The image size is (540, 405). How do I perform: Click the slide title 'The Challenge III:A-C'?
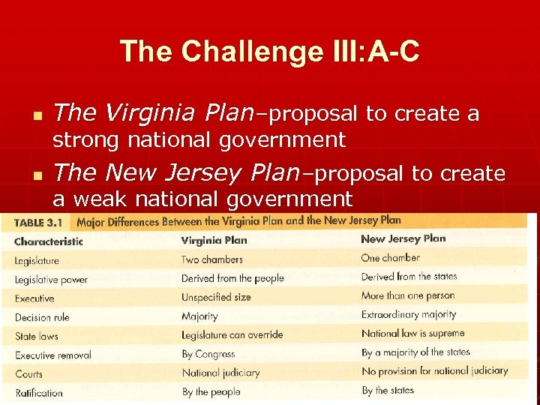point(269,52)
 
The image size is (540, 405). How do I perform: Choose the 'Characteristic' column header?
point(48,241)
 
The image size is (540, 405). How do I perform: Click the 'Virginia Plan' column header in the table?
point(214,241)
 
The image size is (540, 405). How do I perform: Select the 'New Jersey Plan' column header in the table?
point(403,239)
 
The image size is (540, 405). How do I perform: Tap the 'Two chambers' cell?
point(211,259)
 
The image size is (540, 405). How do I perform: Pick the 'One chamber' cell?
point(390,257)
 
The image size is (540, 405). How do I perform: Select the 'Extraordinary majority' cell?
point(408,315)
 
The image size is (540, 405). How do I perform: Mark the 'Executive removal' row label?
point(52,355)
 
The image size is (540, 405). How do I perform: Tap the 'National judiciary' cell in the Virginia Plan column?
point(220,373)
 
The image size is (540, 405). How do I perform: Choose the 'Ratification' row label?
point(39,391)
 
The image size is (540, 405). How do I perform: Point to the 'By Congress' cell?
point(208,355)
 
